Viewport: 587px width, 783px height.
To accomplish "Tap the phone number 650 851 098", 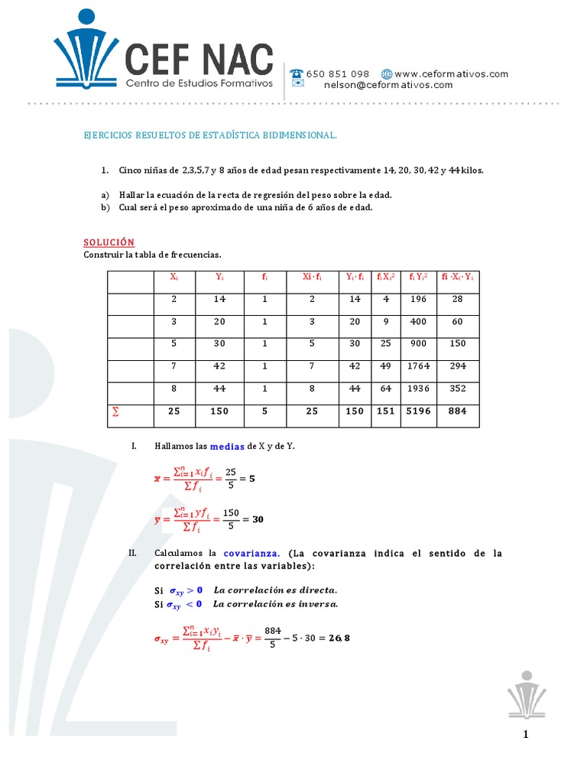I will point(339,74).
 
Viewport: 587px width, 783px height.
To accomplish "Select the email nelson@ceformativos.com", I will point(388,85).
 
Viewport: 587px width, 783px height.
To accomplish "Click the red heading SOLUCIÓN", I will point(109,242).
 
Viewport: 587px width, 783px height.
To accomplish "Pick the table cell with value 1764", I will point(418,366).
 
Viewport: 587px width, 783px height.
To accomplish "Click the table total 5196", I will point(418,411).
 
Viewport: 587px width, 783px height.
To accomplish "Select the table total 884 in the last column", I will point(457,411).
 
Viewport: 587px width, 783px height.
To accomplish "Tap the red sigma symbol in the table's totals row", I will point(116,411).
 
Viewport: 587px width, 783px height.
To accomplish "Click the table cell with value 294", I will point(457,366).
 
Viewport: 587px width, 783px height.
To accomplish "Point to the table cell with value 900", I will point(418,344).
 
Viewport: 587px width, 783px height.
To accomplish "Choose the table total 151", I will point(386,411).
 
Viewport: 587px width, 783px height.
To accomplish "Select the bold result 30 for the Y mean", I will point(258,519).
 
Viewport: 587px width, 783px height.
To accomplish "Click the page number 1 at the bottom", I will point(526,736).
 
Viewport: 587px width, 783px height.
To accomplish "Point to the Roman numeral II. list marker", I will point(136,553).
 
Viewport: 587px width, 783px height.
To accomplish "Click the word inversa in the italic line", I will point(319,604).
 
